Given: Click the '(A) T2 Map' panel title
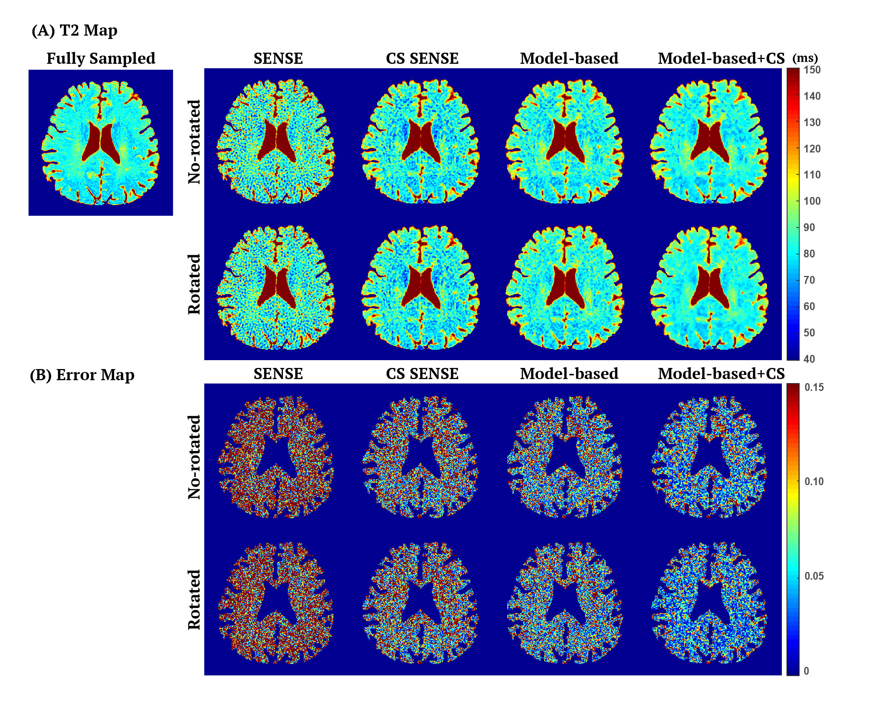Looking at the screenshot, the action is coord(75,30).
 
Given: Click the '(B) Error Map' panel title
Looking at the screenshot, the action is coord(82,375).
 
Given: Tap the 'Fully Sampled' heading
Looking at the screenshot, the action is coord(101,59).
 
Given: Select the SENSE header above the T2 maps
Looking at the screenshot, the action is coord(278,59).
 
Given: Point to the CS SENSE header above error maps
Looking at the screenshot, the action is coord(422,373).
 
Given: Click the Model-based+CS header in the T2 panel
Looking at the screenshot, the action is coord(721,59).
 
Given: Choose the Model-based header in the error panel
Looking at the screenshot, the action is coord(569,373).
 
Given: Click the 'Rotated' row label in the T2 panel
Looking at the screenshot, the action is coord(194,284).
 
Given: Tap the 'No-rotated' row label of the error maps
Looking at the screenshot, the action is coord(194,457).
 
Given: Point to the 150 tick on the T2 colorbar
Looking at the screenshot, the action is coord(812,70).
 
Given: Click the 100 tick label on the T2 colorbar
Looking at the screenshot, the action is coord(812,201).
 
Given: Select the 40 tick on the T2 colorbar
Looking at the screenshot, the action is coord(809,359).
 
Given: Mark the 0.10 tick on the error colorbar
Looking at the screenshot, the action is coord(814,482).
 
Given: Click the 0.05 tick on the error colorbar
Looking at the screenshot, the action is coord(814,576).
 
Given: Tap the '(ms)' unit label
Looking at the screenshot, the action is coord(805,58).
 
